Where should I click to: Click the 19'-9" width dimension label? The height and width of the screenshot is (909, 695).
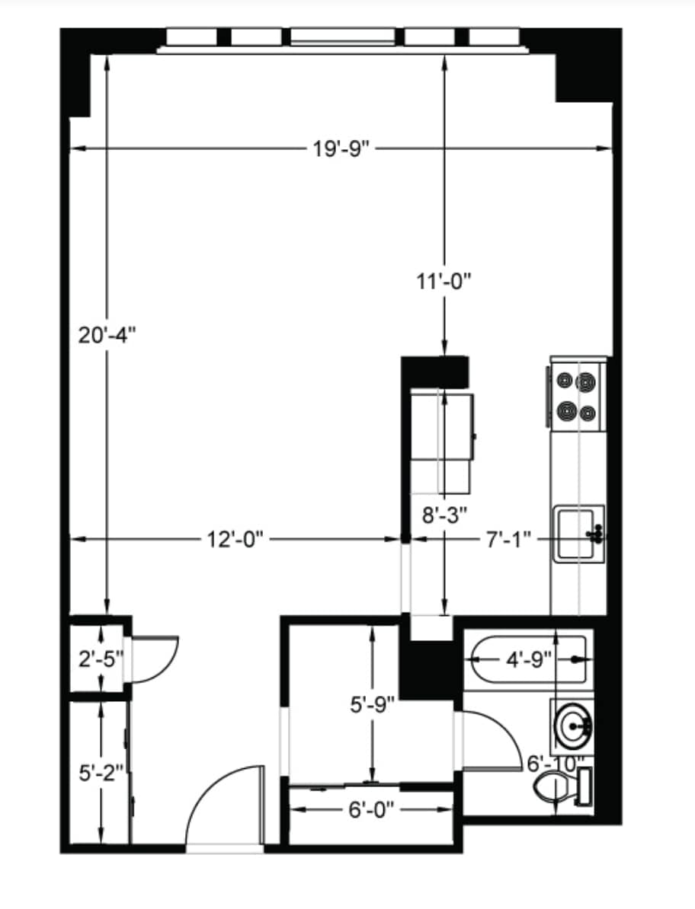(x=341, y=148)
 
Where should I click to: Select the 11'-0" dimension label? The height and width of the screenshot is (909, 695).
(x=444, y=281)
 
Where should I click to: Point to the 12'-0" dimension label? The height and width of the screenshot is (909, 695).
(x=235, y=540)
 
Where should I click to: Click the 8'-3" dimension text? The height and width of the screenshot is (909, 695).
(x=444, y=514)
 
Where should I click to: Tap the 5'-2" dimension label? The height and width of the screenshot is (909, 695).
(x=101, y=773)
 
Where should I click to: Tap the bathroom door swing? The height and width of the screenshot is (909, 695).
(x=492, y=742)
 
